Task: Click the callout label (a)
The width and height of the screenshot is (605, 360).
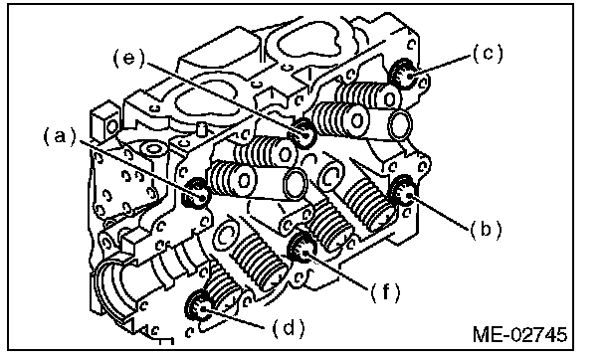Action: (60, 137)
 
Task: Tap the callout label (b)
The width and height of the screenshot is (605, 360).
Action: (486, 230)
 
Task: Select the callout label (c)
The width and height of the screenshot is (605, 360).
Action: (489, 54)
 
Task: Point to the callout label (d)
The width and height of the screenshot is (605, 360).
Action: (289, 329)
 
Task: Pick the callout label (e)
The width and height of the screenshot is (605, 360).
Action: (129, 59)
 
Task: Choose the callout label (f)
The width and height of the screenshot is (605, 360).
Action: (385, 292)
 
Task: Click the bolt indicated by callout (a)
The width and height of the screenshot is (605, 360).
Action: (196, 194)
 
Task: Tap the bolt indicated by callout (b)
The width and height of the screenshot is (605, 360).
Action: (403, 190)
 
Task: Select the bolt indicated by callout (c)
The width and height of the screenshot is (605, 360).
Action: (403, 74)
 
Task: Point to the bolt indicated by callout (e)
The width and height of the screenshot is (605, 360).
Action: (302, 133)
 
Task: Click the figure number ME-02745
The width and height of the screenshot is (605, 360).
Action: (519, 334)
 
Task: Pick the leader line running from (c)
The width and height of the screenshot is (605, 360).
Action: (440, 67)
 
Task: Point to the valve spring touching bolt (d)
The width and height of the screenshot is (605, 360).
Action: (224, 289)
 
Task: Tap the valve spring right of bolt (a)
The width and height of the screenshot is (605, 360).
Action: (232, 178)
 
